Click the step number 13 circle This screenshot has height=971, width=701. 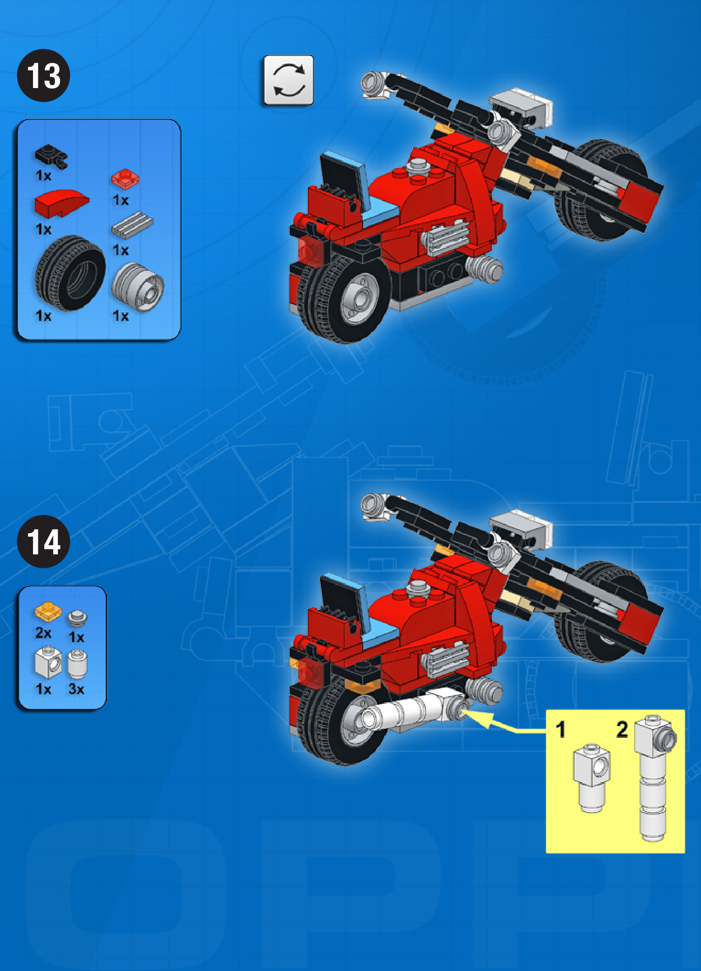point(43,75)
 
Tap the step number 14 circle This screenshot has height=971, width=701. point(43,541)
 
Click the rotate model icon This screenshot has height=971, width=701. point(288,80)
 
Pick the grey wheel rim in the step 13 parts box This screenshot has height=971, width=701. point(138,287)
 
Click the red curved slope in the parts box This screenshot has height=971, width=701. point(61,203)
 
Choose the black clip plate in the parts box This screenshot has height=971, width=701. point(51,156)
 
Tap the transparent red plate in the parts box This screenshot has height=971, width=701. point(125,179)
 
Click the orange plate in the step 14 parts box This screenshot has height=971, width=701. point(48,611)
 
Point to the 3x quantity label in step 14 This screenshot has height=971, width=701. point(76,689)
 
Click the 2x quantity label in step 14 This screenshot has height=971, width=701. point(43,633)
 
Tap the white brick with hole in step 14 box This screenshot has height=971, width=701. point(48,662)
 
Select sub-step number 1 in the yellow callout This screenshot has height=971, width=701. point(560,729)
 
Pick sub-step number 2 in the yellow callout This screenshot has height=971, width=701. point(622,729)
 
